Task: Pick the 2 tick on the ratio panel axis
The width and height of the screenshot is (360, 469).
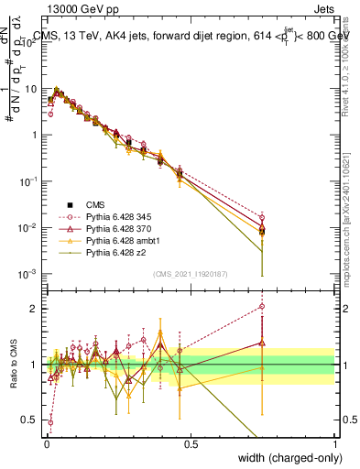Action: tap(34, 309)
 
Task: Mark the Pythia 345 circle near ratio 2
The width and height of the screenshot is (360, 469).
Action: tap(262, 307)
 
